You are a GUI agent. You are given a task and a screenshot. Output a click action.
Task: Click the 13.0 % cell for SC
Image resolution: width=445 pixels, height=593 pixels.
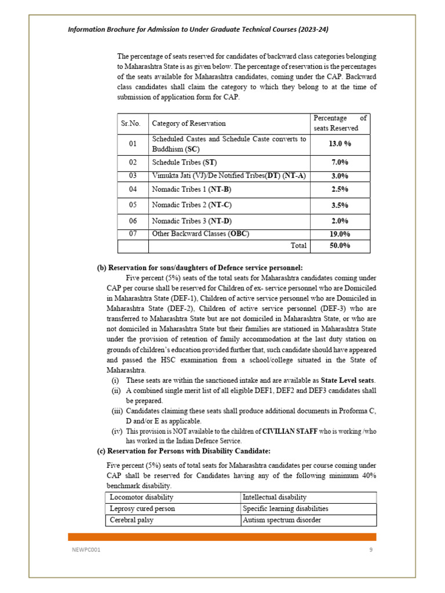click(340, 144)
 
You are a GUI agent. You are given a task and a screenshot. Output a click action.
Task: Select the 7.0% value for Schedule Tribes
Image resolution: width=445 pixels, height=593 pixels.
click(340, 162)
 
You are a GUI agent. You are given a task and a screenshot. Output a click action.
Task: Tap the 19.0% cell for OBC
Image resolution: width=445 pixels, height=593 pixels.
click(340, 235)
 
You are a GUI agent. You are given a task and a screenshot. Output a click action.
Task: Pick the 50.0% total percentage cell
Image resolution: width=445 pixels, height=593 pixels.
click(340, 246)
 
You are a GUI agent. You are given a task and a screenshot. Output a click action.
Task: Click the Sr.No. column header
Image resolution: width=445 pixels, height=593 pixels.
click(133, 123)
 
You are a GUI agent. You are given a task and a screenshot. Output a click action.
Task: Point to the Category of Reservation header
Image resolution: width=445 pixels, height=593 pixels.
click(189, 123)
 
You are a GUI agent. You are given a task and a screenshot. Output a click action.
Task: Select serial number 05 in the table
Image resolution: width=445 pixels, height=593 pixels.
click(133, 205)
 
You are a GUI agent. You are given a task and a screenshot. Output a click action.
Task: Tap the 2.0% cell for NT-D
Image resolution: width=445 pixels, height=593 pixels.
click(340, 221)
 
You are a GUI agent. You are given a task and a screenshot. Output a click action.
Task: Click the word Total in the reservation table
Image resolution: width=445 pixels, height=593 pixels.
click(298, 246)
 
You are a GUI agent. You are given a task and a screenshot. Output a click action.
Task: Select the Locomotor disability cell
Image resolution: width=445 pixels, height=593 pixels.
click(142, 497)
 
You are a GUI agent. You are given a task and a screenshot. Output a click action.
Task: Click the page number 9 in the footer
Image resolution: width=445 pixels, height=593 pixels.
click(371, 550)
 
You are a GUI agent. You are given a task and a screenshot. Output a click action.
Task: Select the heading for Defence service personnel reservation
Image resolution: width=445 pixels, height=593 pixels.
click(199, 268)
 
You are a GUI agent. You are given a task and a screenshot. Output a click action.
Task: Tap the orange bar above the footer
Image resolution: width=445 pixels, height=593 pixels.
click(222, 537)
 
